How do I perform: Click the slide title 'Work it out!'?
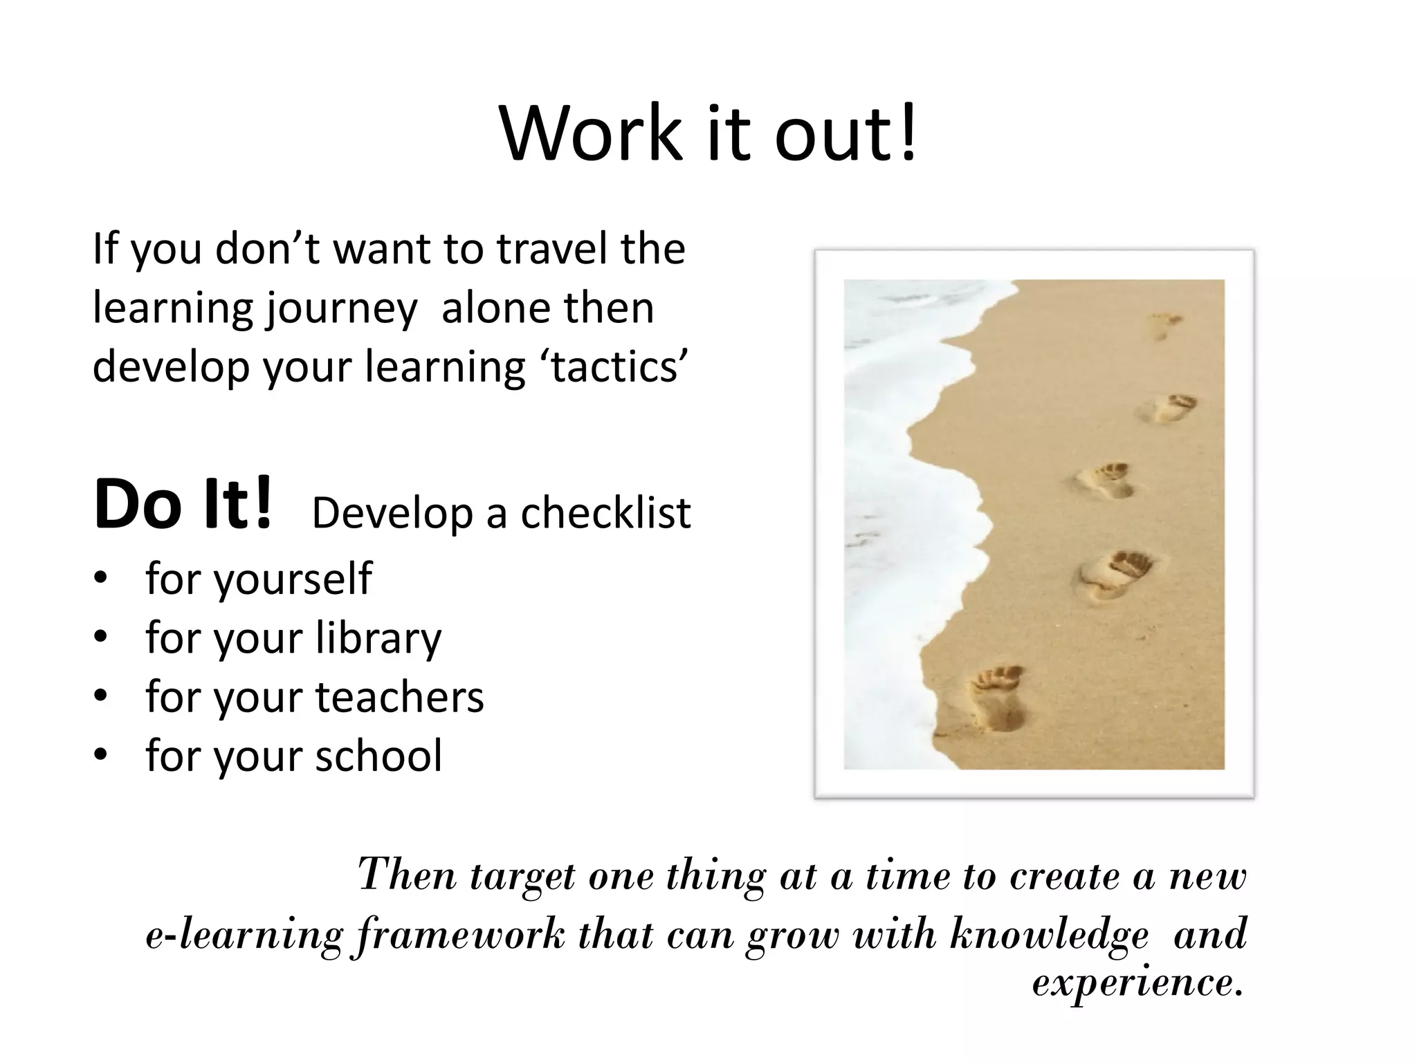(x=708, y=133)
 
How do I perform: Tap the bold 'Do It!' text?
(x=183, y=505)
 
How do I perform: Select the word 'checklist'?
(x=605, y=513)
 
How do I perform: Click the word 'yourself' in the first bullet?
(x=293, y=578)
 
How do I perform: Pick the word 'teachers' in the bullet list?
(x=399, y=696)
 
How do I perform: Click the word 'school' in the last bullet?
(x=378, y=755)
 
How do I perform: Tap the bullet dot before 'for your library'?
(x=101, y=637)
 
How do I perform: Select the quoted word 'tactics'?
(x=619, y=366)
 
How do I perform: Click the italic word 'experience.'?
(x=1137, y=982)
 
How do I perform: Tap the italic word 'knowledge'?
(x=1049, y=935)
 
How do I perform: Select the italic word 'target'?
(x=522, y=876)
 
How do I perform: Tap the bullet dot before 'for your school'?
(x=101, y=755)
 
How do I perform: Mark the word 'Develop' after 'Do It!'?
(x=392, y=513)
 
